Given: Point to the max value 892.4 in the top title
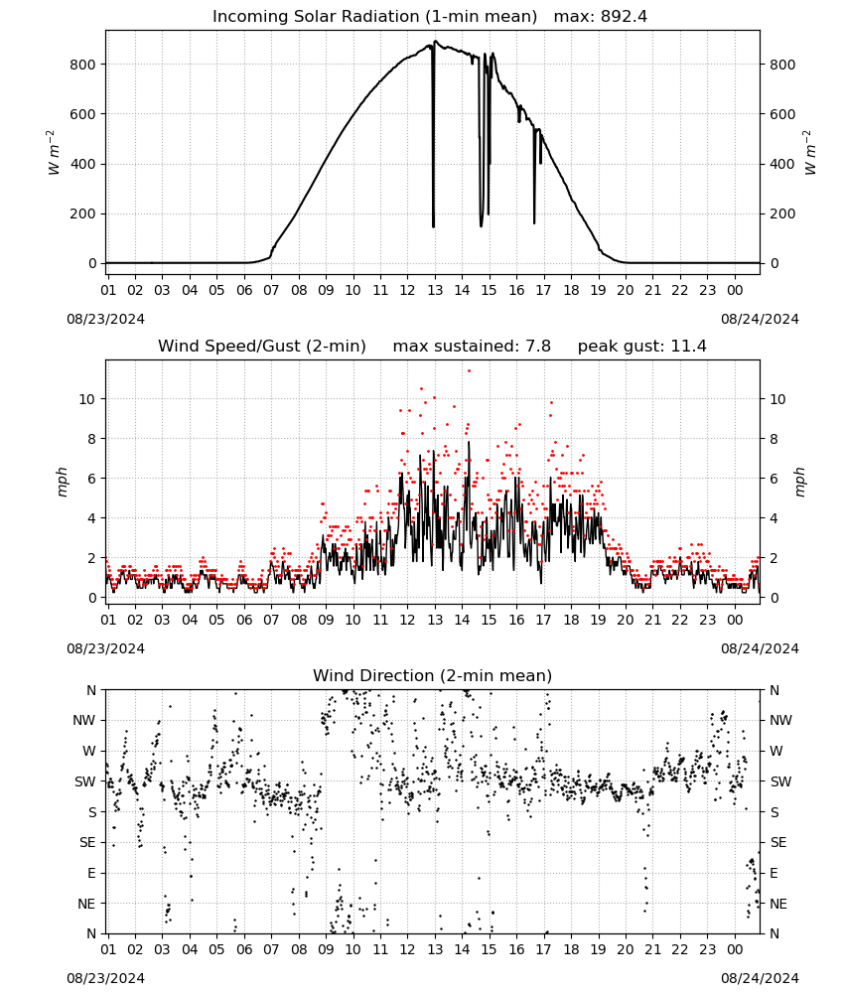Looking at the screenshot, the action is (624, 16).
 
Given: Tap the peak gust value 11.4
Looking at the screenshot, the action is (686, 346).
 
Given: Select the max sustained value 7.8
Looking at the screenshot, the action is (538, 346).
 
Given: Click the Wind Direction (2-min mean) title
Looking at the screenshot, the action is (433, 675).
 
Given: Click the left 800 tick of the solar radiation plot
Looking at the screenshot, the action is (83, 65).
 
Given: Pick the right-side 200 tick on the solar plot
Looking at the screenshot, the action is (782, 214).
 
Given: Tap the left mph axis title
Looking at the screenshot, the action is (62, 482).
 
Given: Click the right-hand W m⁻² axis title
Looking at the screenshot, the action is (810, 153).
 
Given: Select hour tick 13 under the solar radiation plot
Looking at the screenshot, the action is (435, 290).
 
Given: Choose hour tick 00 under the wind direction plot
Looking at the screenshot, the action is (735, 950).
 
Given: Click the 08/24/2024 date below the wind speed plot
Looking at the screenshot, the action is (760, 648).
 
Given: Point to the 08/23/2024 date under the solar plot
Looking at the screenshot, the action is (105, 319).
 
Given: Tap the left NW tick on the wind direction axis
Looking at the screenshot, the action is (84, 721).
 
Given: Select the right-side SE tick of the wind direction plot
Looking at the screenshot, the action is (778, 842).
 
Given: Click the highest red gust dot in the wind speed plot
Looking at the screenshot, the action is (470, 371).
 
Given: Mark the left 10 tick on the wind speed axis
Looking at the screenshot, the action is (87, 399).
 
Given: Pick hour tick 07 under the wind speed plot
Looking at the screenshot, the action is (271, 620).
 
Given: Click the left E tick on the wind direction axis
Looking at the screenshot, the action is (91, 873).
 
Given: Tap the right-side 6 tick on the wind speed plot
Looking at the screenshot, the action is (774, 479).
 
